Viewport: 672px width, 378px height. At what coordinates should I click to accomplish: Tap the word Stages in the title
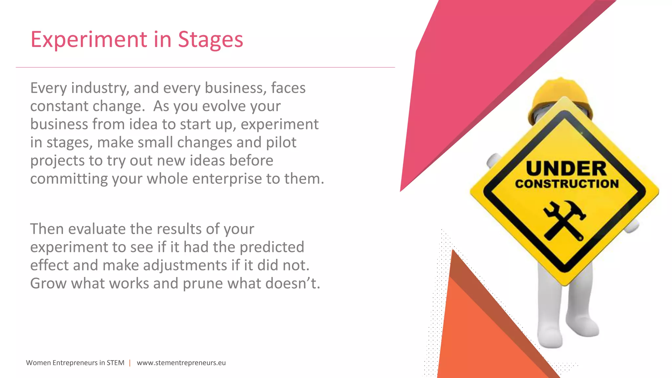point(210,39)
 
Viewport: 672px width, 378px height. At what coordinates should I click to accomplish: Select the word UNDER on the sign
point(566,169)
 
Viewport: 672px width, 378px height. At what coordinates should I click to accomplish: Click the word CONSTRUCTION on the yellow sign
point(567,184)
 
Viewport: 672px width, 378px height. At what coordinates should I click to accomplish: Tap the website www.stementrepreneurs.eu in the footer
point(181,363)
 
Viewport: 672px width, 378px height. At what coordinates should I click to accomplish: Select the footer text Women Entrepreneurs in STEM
point(75,363)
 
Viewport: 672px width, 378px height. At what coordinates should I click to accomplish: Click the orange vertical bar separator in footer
point(130,363)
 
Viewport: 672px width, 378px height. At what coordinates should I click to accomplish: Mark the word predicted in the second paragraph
point(272,247)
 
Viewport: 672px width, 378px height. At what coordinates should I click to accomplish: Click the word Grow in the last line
point(48,283)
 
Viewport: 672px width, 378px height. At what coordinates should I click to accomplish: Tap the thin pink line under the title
point(205,67)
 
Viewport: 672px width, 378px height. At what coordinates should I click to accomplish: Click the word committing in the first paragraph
point(69,178)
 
